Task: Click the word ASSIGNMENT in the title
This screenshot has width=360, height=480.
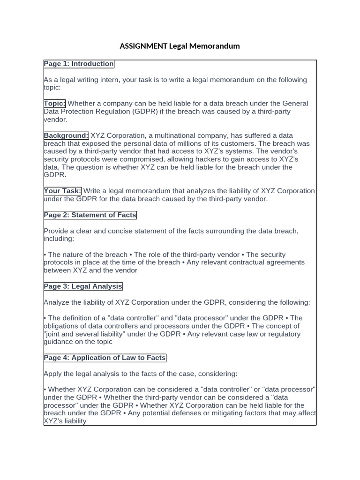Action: click(x=143, y=46)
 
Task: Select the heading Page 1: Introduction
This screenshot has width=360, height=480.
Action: click(x=79, y=64)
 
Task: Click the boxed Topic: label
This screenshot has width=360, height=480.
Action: click(x=55, y=104)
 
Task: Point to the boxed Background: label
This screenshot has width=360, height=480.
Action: click(x=66, y=136)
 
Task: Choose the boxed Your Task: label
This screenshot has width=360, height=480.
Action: click(x=63, y=191)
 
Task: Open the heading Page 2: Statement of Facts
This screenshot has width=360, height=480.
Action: click(x=90, y=216)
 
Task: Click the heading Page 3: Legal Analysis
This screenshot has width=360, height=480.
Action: click(x=83, y=286)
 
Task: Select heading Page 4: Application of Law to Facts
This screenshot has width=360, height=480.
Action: click(x=105, y=358)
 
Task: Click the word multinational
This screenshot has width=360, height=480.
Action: click(x=176, y=136)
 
